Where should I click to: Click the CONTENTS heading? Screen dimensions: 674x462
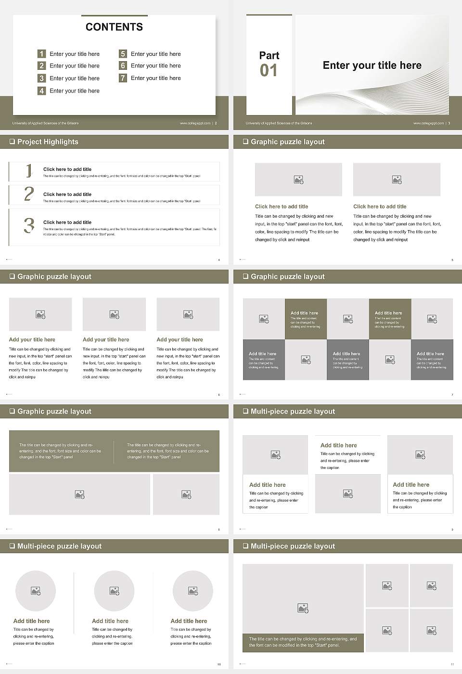(x=114, y=27)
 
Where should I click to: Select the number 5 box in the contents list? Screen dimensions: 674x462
(x=123, y=54)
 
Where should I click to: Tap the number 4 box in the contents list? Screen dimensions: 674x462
(x=42, y=91)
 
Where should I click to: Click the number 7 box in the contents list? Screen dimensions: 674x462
(x=123, y=78)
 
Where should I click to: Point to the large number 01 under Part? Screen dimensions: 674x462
(x=269, y=71)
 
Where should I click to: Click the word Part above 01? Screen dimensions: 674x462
(x=269, y=55)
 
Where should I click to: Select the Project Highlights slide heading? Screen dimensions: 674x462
(x=48, y=142)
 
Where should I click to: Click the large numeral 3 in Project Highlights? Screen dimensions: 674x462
(x=29, y=225)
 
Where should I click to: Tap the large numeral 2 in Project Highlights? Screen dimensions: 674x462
(x=29, y=194)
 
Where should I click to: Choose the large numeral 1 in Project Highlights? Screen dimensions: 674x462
(x=29, y=170)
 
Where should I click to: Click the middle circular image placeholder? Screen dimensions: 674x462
(x=114, y=591)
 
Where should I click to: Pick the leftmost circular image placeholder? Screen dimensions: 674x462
(x=36, y=591)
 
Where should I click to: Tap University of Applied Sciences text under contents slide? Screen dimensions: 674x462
(x=45, y=123)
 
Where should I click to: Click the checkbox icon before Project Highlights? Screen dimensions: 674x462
(x=12, y=142)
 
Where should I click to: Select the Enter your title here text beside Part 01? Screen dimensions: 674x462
(x=372, y=65)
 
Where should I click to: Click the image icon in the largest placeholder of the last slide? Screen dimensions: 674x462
(x=303, y=609)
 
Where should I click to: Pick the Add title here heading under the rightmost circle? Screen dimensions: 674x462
(x=189, y=621)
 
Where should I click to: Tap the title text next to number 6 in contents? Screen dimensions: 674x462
(x=155, y=65)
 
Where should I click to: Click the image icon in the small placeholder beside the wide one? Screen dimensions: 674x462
(x=187, y=494)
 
